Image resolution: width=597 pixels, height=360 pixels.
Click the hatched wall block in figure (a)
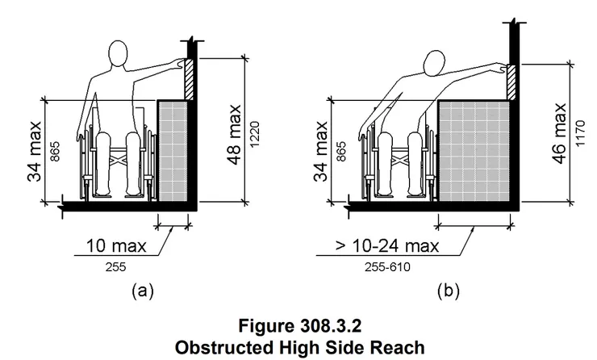[189, 79]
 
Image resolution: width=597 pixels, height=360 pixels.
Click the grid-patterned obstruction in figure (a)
[173, 150]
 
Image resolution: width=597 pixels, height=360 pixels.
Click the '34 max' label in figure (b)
[320, 152]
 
